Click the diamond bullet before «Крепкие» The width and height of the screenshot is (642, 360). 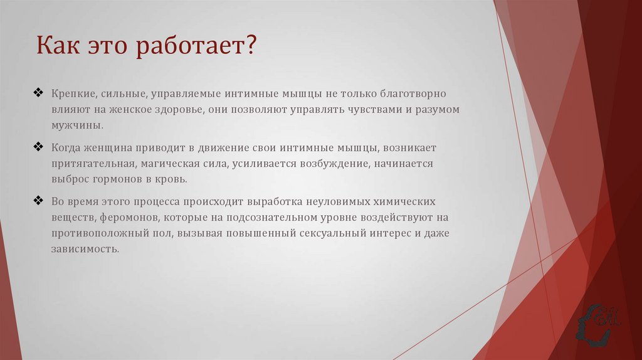tap(38, 93)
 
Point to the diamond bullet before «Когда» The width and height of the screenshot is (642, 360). tap(38, 147)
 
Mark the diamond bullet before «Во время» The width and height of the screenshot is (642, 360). tap(38, 201)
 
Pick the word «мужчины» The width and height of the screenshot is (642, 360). tap(77, 125)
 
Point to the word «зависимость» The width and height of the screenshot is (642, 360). tap(85, 249)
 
